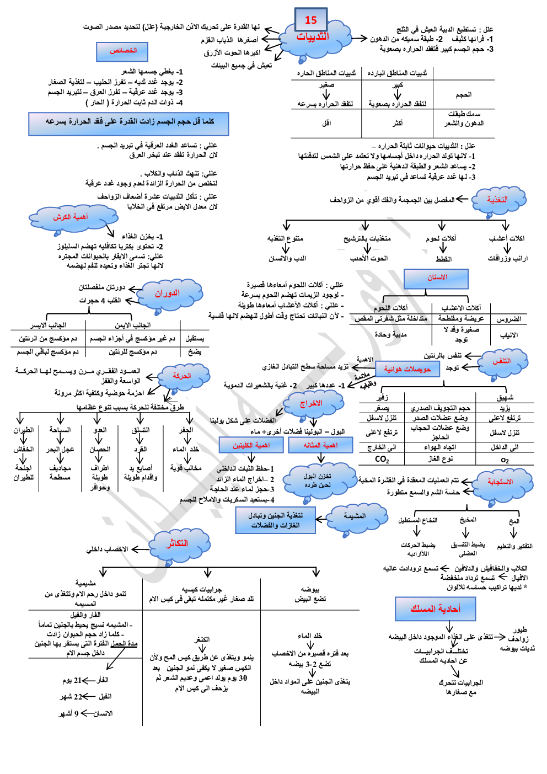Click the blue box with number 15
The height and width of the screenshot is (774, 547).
tap(311, 20)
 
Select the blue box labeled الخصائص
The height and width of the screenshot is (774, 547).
tap(123, 51)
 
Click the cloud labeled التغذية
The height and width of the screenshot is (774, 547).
tap(497, 200)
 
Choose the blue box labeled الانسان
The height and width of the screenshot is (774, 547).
tap(437, 278)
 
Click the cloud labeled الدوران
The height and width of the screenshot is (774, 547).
tap(167, 293)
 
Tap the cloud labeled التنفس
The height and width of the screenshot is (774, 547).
tap(501, 361)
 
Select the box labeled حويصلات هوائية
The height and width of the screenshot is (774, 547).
tap(407, 369)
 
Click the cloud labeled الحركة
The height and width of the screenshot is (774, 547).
tap(181, 376)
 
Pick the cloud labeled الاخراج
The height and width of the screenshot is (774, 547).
tap(310, 404)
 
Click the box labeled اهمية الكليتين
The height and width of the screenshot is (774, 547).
tap(251, 445)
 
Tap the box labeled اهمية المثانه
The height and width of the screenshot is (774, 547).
tap(320, 445)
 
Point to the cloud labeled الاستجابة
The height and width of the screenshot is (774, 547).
tap(500, 482)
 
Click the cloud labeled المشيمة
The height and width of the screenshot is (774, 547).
tap(355, 516)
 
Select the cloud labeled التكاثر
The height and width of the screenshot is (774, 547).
tap(177, 544)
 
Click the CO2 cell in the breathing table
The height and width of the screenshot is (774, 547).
tap(382, 459)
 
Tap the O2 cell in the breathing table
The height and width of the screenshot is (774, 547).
tap(505, 460)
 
